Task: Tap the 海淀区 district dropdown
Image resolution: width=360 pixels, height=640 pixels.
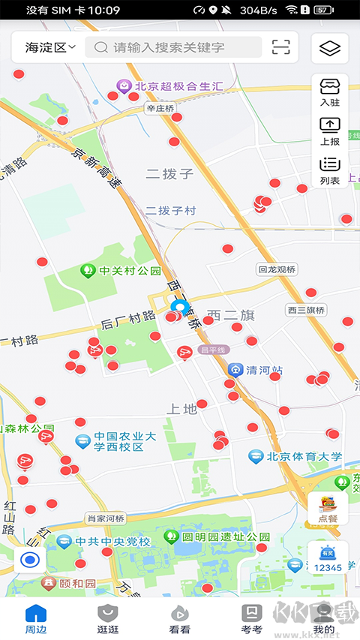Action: pos(50,47)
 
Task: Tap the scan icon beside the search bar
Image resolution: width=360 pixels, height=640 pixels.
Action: pos(280,47)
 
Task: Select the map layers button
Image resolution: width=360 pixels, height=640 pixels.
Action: pos(329,49)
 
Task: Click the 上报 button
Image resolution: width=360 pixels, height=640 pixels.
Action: pos(329,131)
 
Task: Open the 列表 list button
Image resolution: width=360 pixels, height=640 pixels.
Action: pos(329,170)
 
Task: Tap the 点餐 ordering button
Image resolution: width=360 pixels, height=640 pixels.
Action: pos(328,509)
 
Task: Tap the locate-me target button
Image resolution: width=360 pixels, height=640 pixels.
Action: pos(30,560)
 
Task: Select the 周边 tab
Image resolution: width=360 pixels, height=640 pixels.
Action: pos(36,619)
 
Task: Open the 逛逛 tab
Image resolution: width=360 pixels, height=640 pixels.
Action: pos(108,619)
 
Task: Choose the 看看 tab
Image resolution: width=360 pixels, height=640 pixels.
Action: pos(180,619)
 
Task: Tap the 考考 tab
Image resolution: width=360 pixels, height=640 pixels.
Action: pos(252,619)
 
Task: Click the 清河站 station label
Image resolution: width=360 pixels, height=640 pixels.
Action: pos(265,370)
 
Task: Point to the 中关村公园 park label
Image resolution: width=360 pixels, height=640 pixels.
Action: pos(130,271)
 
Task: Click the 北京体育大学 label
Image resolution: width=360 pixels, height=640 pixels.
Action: pos(304,456)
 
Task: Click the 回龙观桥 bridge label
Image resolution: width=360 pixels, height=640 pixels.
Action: pos(277,269)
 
